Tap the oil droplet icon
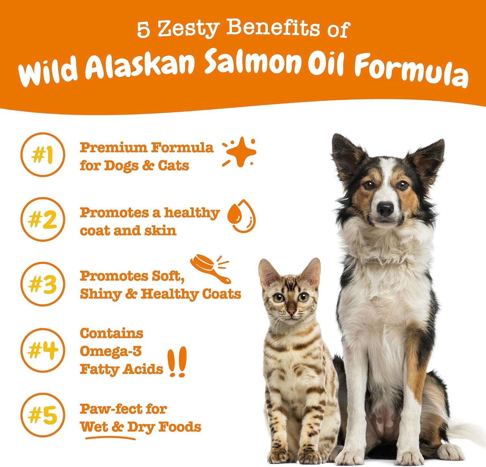241,216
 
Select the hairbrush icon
210,269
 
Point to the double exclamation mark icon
178,362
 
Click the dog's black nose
386,209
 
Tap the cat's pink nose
291,312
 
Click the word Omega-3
110,351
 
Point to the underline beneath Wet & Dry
110,438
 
